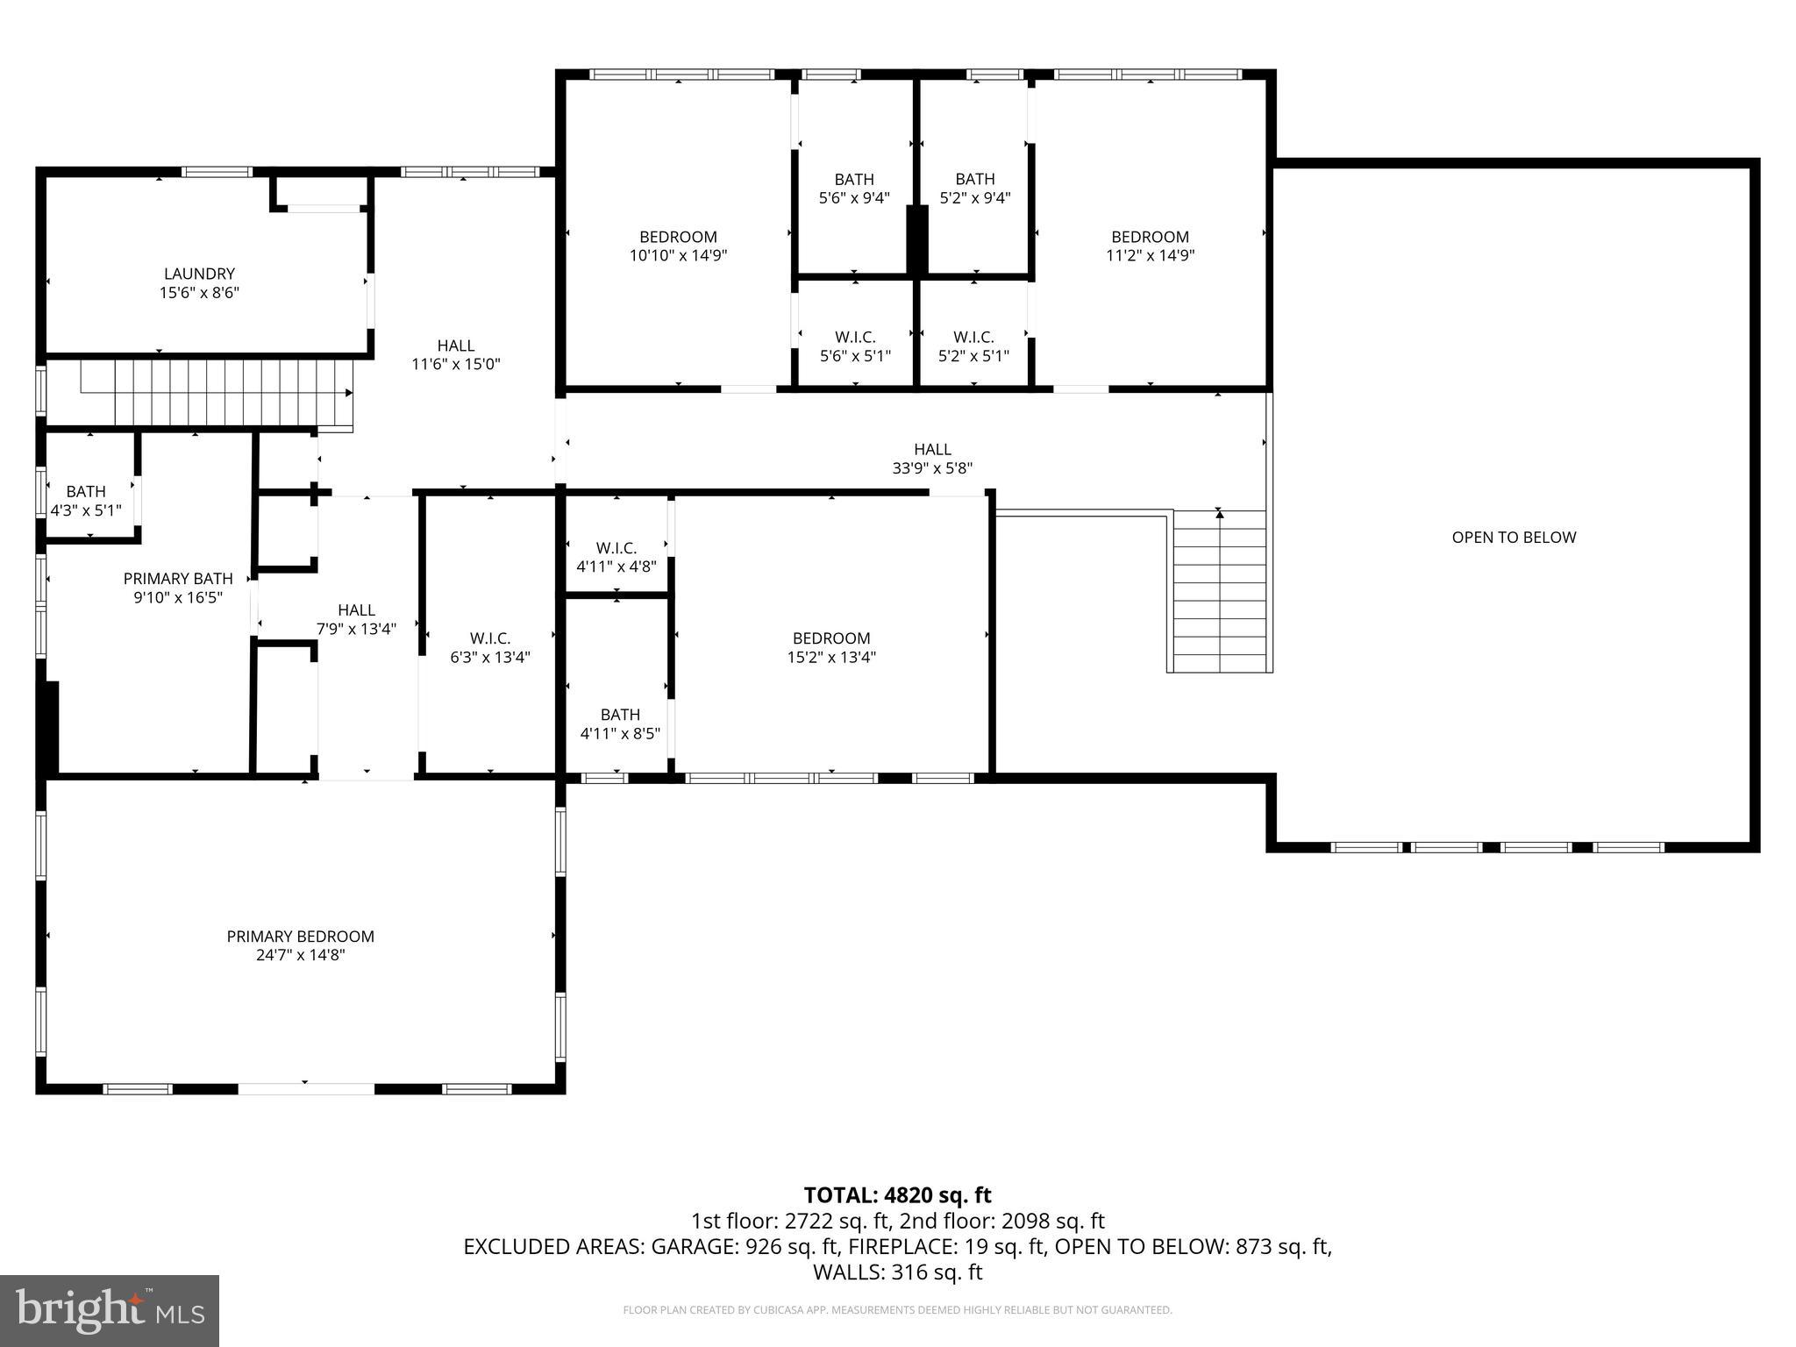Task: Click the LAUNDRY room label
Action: click(x=199, y=274)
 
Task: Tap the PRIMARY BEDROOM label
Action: click(x=300, y=937)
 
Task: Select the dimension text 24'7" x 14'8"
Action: click(x=300, y=955)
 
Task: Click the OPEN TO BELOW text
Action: click(x=1514, y=538)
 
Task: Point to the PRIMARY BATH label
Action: click(x=178, y=579)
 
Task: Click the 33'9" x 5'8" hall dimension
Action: click(x=932, y=468)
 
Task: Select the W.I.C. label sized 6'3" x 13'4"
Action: click(x=490, y=638)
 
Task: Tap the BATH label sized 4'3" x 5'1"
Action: click(x=86, y=491)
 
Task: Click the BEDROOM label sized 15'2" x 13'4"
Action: click(x=831, y=638)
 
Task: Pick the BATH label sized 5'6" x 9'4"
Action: click(x=854, y=180)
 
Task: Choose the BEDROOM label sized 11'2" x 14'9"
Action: click(x=1150, y=237)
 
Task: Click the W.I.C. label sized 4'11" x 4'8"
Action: click(x=616, y=548)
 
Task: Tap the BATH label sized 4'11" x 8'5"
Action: click(x=620, y=715)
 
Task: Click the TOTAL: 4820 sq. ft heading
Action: click(x=897, y=1195)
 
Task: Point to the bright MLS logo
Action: click(x=110, y=1311)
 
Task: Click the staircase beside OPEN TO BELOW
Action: click(x=1220, y=592)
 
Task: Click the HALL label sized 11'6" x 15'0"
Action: click(x=456, y=346)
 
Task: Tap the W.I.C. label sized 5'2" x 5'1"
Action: click(x=973, y=338)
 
